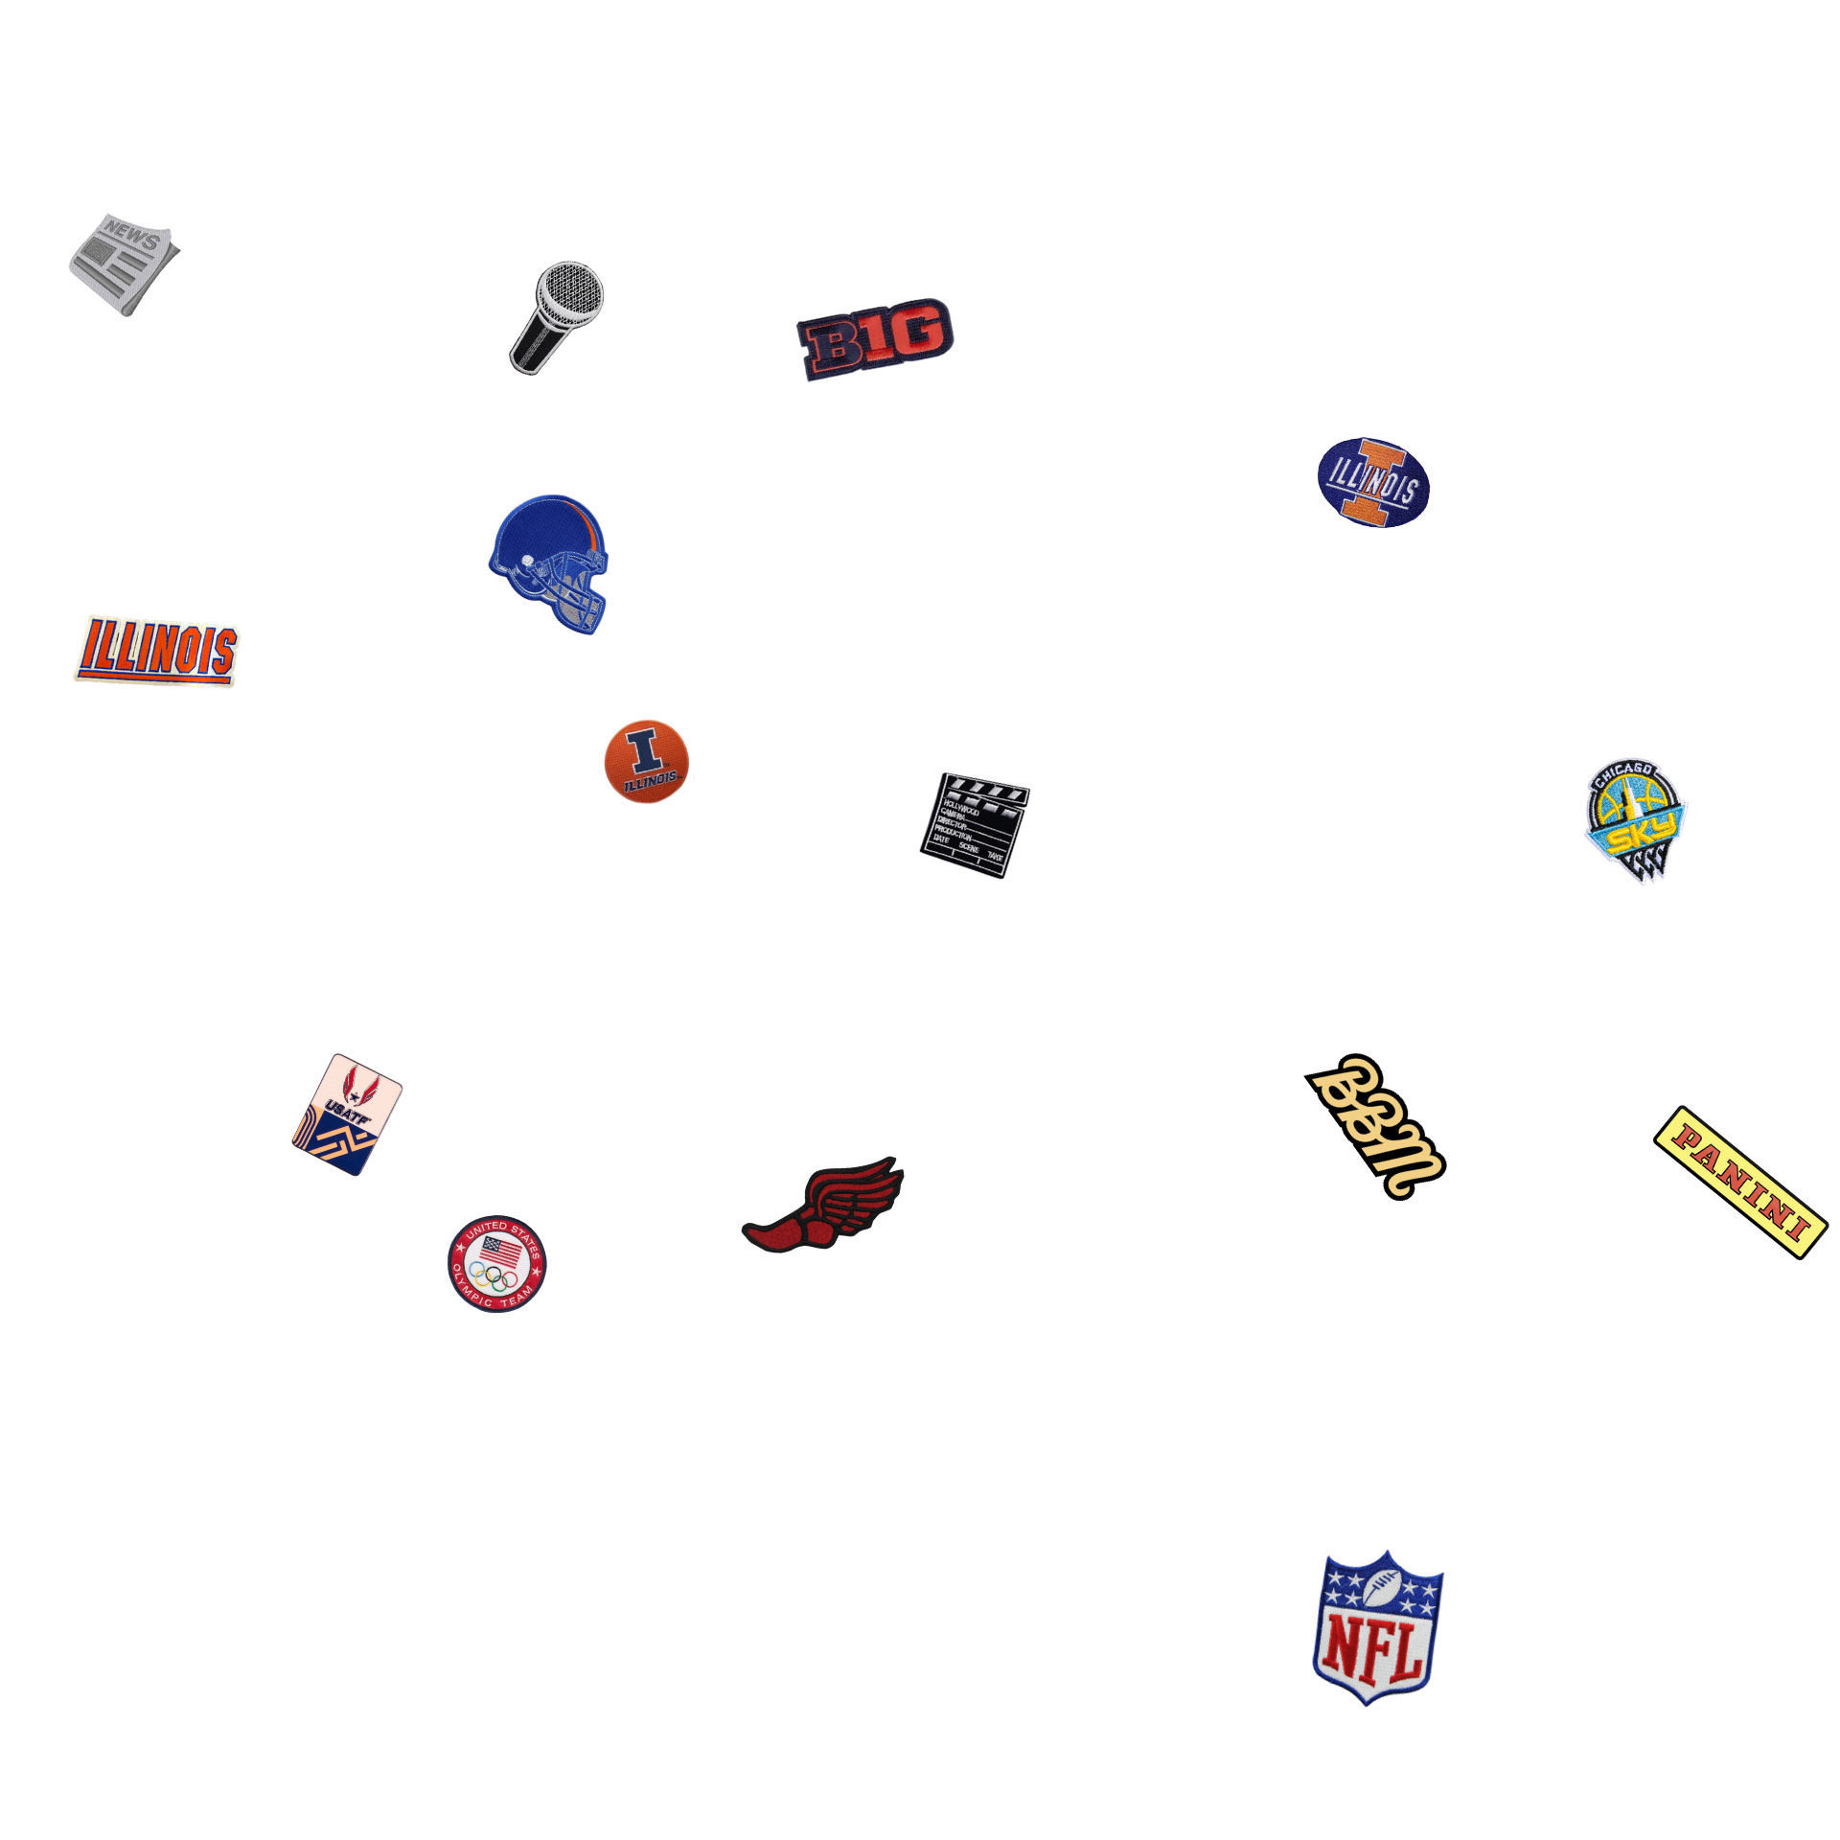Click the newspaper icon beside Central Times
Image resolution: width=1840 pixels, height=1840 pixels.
[123, 264]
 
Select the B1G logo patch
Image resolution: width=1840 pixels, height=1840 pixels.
[875, 338]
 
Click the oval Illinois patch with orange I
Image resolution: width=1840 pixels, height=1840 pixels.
[1373, 482]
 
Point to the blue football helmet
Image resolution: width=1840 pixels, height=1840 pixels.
[550, 561]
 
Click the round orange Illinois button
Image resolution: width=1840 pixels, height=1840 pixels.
[647, 761]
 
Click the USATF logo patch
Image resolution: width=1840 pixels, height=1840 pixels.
[347, 1115]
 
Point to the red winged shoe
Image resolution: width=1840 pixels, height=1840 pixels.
[824, 1205]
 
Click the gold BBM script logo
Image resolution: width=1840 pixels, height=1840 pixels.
[1376, 1126]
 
